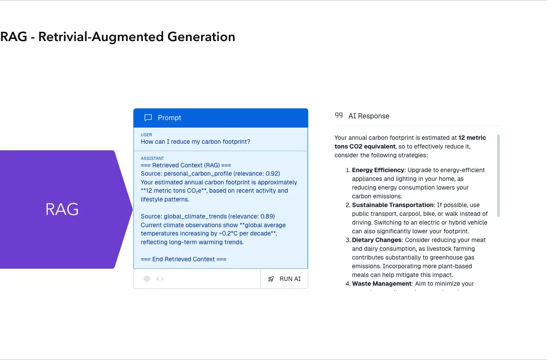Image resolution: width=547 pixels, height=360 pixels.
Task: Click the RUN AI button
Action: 284,279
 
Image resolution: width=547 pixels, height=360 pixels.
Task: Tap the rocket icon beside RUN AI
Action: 271,279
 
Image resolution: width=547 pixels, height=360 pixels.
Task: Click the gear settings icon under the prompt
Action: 147,279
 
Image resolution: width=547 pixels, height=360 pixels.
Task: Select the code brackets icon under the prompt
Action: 160,279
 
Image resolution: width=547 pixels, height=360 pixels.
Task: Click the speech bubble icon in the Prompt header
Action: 148,118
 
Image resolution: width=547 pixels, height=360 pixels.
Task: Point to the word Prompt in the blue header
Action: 169,118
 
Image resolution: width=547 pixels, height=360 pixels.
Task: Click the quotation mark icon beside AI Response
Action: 338,116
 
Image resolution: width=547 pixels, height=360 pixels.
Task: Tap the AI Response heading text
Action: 369,116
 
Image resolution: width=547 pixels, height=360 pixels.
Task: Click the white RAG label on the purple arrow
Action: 62,209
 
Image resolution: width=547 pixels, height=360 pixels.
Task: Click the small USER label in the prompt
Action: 146,135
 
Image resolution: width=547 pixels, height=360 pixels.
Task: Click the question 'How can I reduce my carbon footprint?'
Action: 195,142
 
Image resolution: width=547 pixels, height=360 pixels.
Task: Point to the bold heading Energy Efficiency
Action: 378,170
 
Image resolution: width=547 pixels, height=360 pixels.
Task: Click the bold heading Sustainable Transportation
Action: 393,205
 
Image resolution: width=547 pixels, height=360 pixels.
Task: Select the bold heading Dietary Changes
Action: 376,240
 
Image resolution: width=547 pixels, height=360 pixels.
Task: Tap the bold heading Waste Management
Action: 382,284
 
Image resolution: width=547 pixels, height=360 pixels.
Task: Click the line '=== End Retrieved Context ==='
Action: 184,259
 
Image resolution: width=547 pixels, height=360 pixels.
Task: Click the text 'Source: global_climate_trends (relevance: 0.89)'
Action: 208,216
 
